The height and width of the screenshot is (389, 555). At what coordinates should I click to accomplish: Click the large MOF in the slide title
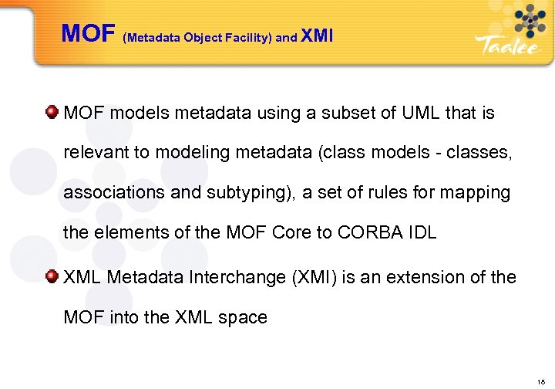(x=88, y=33)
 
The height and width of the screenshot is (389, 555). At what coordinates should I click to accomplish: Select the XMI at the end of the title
(x=317, y=35)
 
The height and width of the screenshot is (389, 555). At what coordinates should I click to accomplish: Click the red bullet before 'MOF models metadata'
(x=52, y=113)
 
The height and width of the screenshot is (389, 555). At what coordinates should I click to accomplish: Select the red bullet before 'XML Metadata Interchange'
(x=52, y=276)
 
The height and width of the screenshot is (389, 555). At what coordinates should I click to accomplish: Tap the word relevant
(x=96, y=153)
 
